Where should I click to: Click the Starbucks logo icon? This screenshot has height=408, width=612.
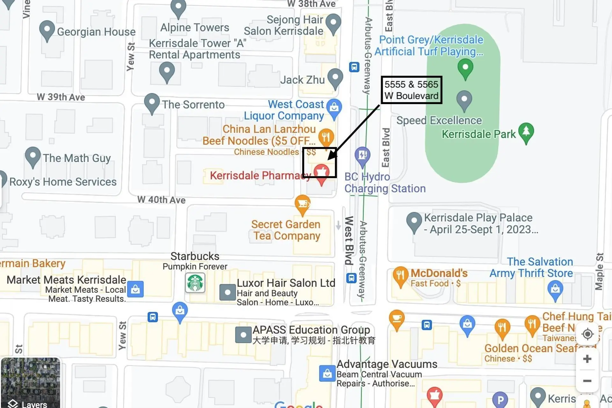click(195, 283)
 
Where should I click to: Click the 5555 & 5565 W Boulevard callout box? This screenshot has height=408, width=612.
click(411, 90)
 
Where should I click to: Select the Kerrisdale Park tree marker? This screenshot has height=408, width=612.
click(526, 132)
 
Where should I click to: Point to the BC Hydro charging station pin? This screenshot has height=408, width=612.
click(362, 156)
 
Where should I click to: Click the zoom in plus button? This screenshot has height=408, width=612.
click(587, 359)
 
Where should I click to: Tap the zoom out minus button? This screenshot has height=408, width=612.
click(587, 381)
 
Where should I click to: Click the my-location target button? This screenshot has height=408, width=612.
click(587, 334)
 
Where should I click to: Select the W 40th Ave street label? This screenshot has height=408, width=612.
click(161, 200)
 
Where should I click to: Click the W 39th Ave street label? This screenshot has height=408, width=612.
click(61, 97)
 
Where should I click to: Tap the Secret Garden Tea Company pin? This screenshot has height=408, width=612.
click(302, 204)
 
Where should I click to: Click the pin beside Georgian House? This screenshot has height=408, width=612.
click(47, 30)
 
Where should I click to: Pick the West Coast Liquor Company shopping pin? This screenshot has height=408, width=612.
click(334, 108)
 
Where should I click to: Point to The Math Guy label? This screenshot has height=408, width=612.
click(77, 158)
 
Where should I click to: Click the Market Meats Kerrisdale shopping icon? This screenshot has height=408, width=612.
click(135, 289)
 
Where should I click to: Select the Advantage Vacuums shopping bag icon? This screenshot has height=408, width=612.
click(327, 373)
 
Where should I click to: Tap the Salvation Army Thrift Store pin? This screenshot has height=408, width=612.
click(555, 290)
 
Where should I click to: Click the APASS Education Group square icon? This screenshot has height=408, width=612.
click(243, 335)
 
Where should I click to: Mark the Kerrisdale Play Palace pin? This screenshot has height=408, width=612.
click(414, 222)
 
